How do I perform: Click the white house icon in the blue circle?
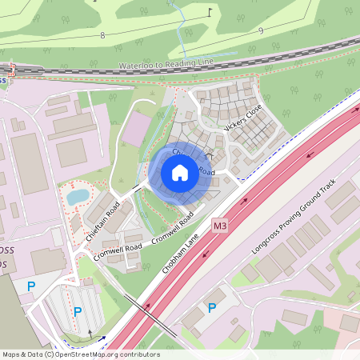[180, 172]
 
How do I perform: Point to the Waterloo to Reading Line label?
[166, 62]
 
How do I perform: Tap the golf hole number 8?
[102, 35]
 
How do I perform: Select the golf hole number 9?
[261, 31]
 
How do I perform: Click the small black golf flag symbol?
[210, 12]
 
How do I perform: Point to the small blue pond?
[78, 195]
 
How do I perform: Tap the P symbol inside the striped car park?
[78, 311]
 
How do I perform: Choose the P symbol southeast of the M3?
[212, 307]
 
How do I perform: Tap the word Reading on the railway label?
[183, 61]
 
